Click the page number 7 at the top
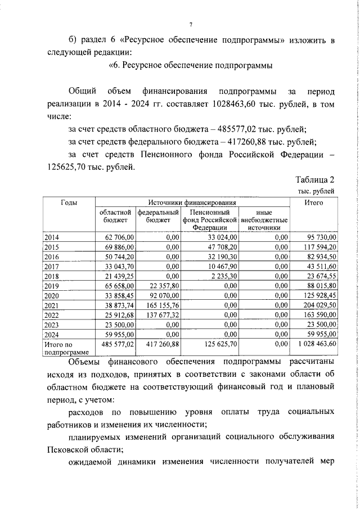click(x=191, y=25)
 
